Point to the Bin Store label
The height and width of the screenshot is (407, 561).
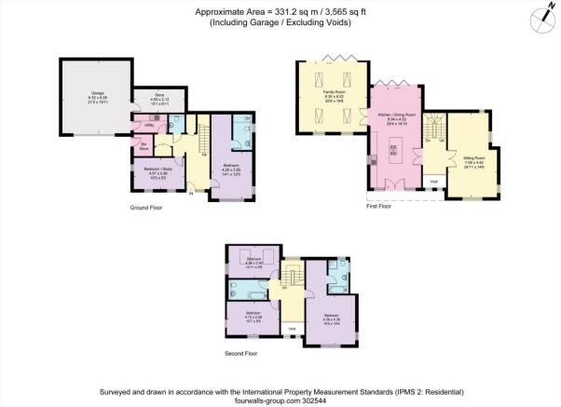coord(144,148)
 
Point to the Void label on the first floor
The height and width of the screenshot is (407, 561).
coord(433,182)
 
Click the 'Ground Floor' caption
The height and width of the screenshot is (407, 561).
coord(145,208)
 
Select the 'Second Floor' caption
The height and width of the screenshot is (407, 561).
coord(243,354)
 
